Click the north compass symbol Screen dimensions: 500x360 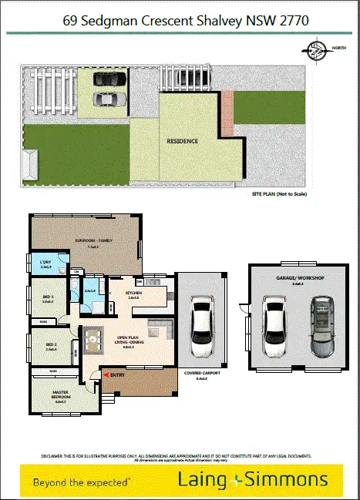pos(315,52)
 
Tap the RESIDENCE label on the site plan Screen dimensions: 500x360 pos(183,141)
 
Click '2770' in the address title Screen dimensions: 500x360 pos(291,21)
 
